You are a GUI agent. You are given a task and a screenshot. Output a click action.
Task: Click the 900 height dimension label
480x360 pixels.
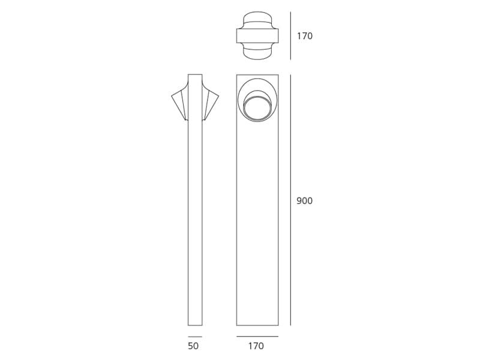tap(304, 201)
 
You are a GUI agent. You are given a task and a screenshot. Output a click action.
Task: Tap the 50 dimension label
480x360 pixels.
tap(193, 346)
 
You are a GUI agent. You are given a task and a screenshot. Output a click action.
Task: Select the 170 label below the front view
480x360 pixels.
tap(256, 346)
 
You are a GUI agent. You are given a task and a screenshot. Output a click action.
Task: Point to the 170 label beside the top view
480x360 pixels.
tap(304, 36)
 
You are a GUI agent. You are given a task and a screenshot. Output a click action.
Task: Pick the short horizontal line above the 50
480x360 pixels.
tap(194, 337)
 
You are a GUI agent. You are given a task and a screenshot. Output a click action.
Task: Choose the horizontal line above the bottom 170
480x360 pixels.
tap(257, 337)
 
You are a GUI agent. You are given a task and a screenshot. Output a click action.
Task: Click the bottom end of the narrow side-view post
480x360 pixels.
tap(195, 325)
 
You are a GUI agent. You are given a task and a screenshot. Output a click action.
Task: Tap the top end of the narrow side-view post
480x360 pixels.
tap(195, 76)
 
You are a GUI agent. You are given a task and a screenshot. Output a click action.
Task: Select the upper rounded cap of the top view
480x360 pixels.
tap(257, 18)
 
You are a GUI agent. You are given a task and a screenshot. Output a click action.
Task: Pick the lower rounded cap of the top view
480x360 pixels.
tap(257, 53)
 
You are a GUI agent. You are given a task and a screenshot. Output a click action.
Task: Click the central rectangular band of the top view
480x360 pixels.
tap(257, 36)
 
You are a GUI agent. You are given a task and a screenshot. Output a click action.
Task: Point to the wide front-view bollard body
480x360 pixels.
tap(257, 228)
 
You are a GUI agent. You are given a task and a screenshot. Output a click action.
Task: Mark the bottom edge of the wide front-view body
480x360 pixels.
tap(257, 325)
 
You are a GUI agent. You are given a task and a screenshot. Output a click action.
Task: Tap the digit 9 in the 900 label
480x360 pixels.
tap(299, 201)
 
